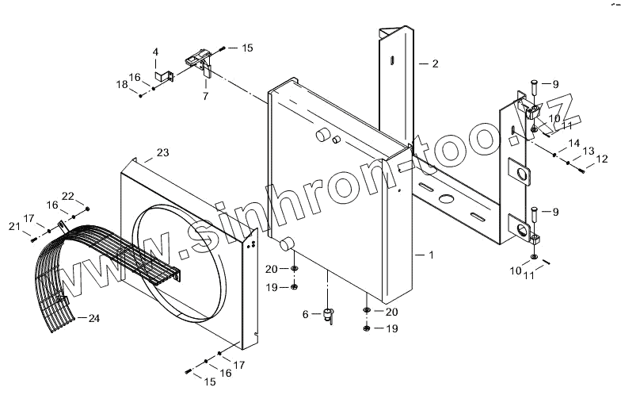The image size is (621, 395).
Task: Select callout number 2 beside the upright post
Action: [x=434, y=63]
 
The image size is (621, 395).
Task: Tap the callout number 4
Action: [x=155, y=52]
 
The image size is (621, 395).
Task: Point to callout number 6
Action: [x=304, y=315]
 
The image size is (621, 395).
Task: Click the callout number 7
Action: [x=205, y=95]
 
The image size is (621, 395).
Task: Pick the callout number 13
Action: [x=589, y=150]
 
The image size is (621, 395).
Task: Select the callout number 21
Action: [x=13, y=227]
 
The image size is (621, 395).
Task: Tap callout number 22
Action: [x=68, y=196]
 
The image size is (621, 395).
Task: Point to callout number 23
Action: [x=163, y=151]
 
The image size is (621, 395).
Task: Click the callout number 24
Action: [x=94, y=319]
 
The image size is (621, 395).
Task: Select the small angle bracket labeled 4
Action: [x=167, y=76]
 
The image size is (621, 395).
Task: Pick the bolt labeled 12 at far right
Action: [x=580, y=168]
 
